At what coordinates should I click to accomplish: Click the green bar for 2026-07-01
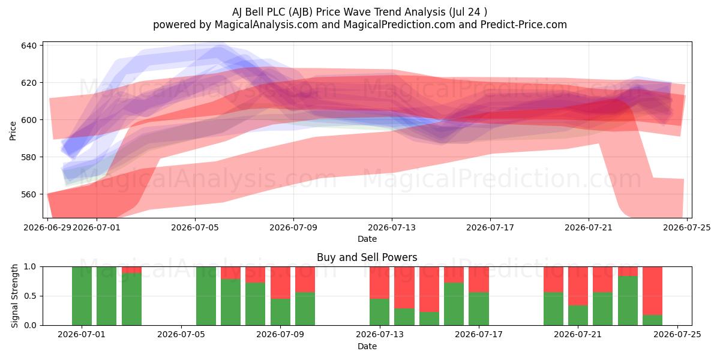pos(82,296)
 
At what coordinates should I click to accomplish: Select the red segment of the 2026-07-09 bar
pos(280,283)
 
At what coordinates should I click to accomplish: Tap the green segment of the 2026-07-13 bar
pos(379,312)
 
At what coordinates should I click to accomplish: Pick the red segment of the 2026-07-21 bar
pos(578,286)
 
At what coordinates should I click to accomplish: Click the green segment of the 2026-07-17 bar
pos(479,308)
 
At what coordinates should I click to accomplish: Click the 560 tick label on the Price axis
pos(29,194)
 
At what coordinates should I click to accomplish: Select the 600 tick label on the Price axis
pos(29,120)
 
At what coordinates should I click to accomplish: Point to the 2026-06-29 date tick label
pos(47,227)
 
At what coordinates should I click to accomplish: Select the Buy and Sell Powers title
pos(367,257)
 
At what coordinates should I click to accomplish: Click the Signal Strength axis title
pos(14,296)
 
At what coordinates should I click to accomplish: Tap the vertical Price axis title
pos(13,131)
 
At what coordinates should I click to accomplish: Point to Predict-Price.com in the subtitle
pos(524,25)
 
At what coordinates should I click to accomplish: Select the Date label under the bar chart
pos(367,346)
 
